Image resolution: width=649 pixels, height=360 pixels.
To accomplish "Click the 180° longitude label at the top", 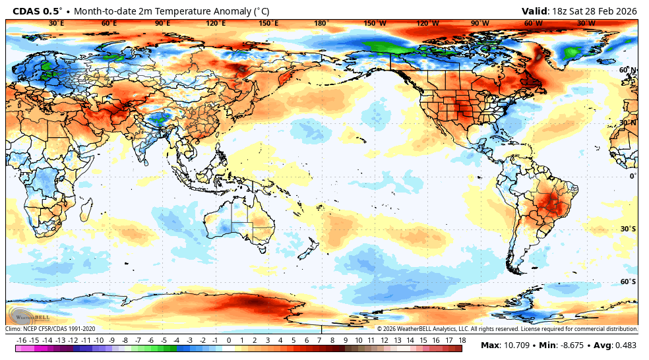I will tap(321, 23).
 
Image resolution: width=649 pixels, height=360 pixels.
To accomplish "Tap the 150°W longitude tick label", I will tap(375, 23).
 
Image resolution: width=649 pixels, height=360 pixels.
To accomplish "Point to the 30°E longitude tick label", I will tap(57, 23).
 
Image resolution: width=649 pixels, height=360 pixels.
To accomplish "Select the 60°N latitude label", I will tap(627, 70).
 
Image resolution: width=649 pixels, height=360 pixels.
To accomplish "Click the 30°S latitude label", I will tap(627, 229).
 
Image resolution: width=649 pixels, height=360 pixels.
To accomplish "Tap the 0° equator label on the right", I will tap(632, 176).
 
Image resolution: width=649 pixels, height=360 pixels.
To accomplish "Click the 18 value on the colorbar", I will tap(462, 340).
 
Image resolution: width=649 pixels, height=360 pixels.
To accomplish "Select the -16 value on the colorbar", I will tap(21, 340).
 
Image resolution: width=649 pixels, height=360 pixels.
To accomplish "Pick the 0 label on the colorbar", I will tap(228, 340).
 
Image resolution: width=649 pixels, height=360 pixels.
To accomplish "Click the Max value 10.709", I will tap(516, 345).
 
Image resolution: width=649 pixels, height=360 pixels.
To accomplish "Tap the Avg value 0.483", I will tap(626, 345).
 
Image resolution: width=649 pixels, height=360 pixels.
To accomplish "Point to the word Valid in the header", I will tap(535, 11).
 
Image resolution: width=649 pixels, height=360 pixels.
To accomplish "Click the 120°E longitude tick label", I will tap(216, 23).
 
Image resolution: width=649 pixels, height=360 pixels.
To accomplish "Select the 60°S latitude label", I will tap(627, 282).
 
